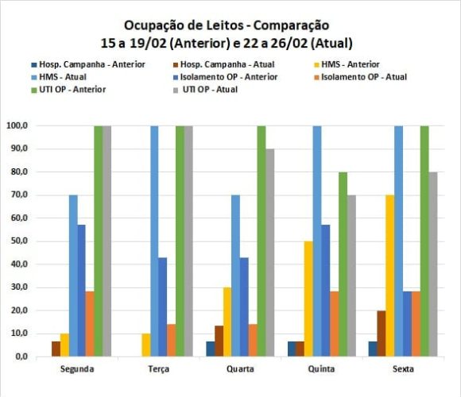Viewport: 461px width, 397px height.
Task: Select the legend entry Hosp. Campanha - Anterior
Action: [x=83, y=64]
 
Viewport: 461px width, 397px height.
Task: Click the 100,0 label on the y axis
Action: [x=15, y=126]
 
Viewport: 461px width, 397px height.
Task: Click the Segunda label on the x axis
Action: [x=79, y=369]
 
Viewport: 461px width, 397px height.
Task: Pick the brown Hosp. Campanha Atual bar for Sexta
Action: [x=382, y=333]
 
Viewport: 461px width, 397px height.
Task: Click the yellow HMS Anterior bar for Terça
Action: [x=145, y=345]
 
